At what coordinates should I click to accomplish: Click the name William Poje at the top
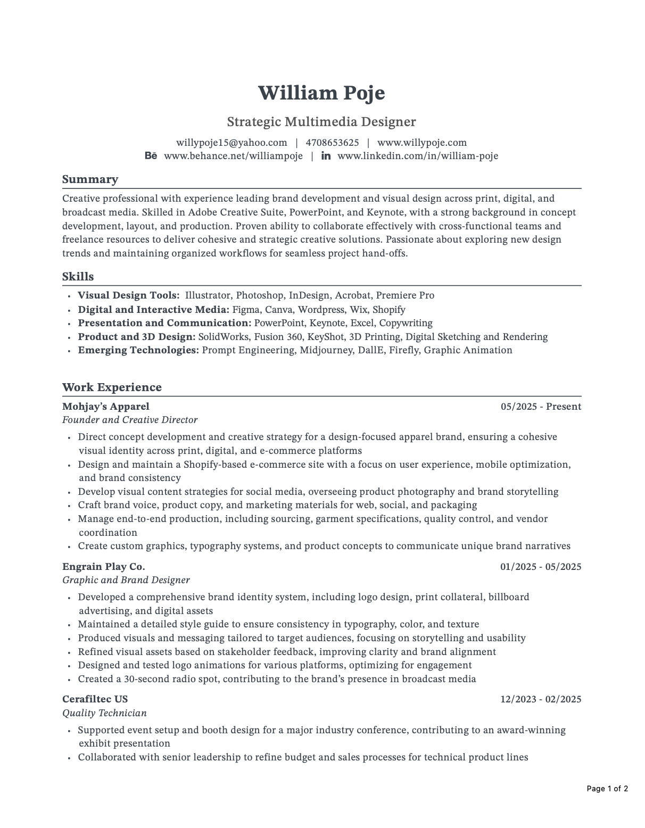pyautogui.click(x=321, y=93)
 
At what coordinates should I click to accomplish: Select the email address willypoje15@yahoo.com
pyautogui.click(x=231, y=143)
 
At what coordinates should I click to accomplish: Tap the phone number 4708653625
pyautogui.click(x=332, y=143)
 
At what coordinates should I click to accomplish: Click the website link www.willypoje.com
pyautogui.click(x=421, y=143)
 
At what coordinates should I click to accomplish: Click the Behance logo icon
pyautogui.click(x=151, y=156)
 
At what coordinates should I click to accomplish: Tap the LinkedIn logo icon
pyautogui.click(x=326, y=156)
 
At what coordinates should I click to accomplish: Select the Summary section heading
pyautogui.click(x=90, y=179)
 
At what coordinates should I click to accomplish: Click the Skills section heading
pyautogui.click(x=78, y=277)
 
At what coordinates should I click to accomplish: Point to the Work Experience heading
pyautogui.click(x=112, y=387)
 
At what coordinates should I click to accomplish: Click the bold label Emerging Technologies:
pyautogui.click(x=138, y=350)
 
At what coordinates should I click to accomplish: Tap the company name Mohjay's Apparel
pyautogui.click(x=105, y=407)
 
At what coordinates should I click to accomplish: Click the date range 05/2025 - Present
pyautogui.click(x=541, y=407)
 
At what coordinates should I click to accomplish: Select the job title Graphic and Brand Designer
pyautogui.click(x=126, y=580)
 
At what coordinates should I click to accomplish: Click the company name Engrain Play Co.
pyautogui.click(x=103, y=566)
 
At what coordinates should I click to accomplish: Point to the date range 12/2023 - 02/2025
pyautogui.click(x=541, y=699)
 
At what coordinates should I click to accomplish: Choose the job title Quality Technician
pyautogui.click(x=104, y=713)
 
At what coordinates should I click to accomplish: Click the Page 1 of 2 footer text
pyautogui.click(x=607, y=789)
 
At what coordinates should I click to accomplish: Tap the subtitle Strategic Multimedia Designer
pyautogui.click(x=321, y=122)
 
